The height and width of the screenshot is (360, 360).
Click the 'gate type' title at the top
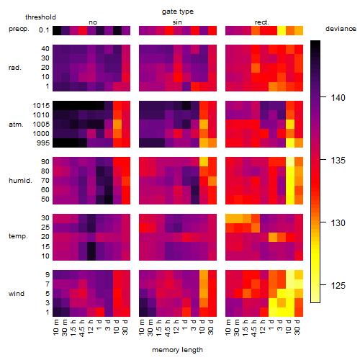178,12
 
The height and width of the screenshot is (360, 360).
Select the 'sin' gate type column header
177,22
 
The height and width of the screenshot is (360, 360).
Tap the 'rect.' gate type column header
262,22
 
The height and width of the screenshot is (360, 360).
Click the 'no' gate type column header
93,22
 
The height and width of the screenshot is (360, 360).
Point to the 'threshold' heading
40,17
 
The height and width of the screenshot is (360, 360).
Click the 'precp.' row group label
19,29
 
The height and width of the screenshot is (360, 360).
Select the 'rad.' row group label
15,68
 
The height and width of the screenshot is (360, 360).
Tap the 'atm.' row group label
16,125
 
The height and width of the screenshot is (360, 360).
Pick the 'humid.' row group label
20,180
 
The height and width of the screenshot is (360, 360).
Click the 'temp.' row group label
18,236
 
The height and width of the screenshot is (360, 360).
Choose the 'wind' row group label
17,293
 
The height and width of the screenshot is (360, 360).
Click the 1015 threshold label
41,106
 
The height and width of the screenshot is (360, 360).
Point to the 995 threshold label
43,143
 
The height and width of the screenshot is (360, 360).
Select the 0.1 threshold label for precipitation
44,30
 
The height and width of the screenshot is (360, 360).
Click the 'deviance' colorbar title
341,29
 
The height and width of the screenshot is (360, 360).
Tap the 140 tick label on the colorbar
338,98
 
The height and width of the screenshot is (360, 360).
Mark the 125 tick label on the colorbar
338,286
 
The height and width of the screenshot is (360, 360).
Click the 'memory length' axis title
177,350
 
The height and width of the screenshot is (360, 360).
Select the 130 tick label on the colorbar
338,223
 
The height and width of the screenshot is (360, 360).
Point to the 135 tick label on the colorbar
338,161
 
